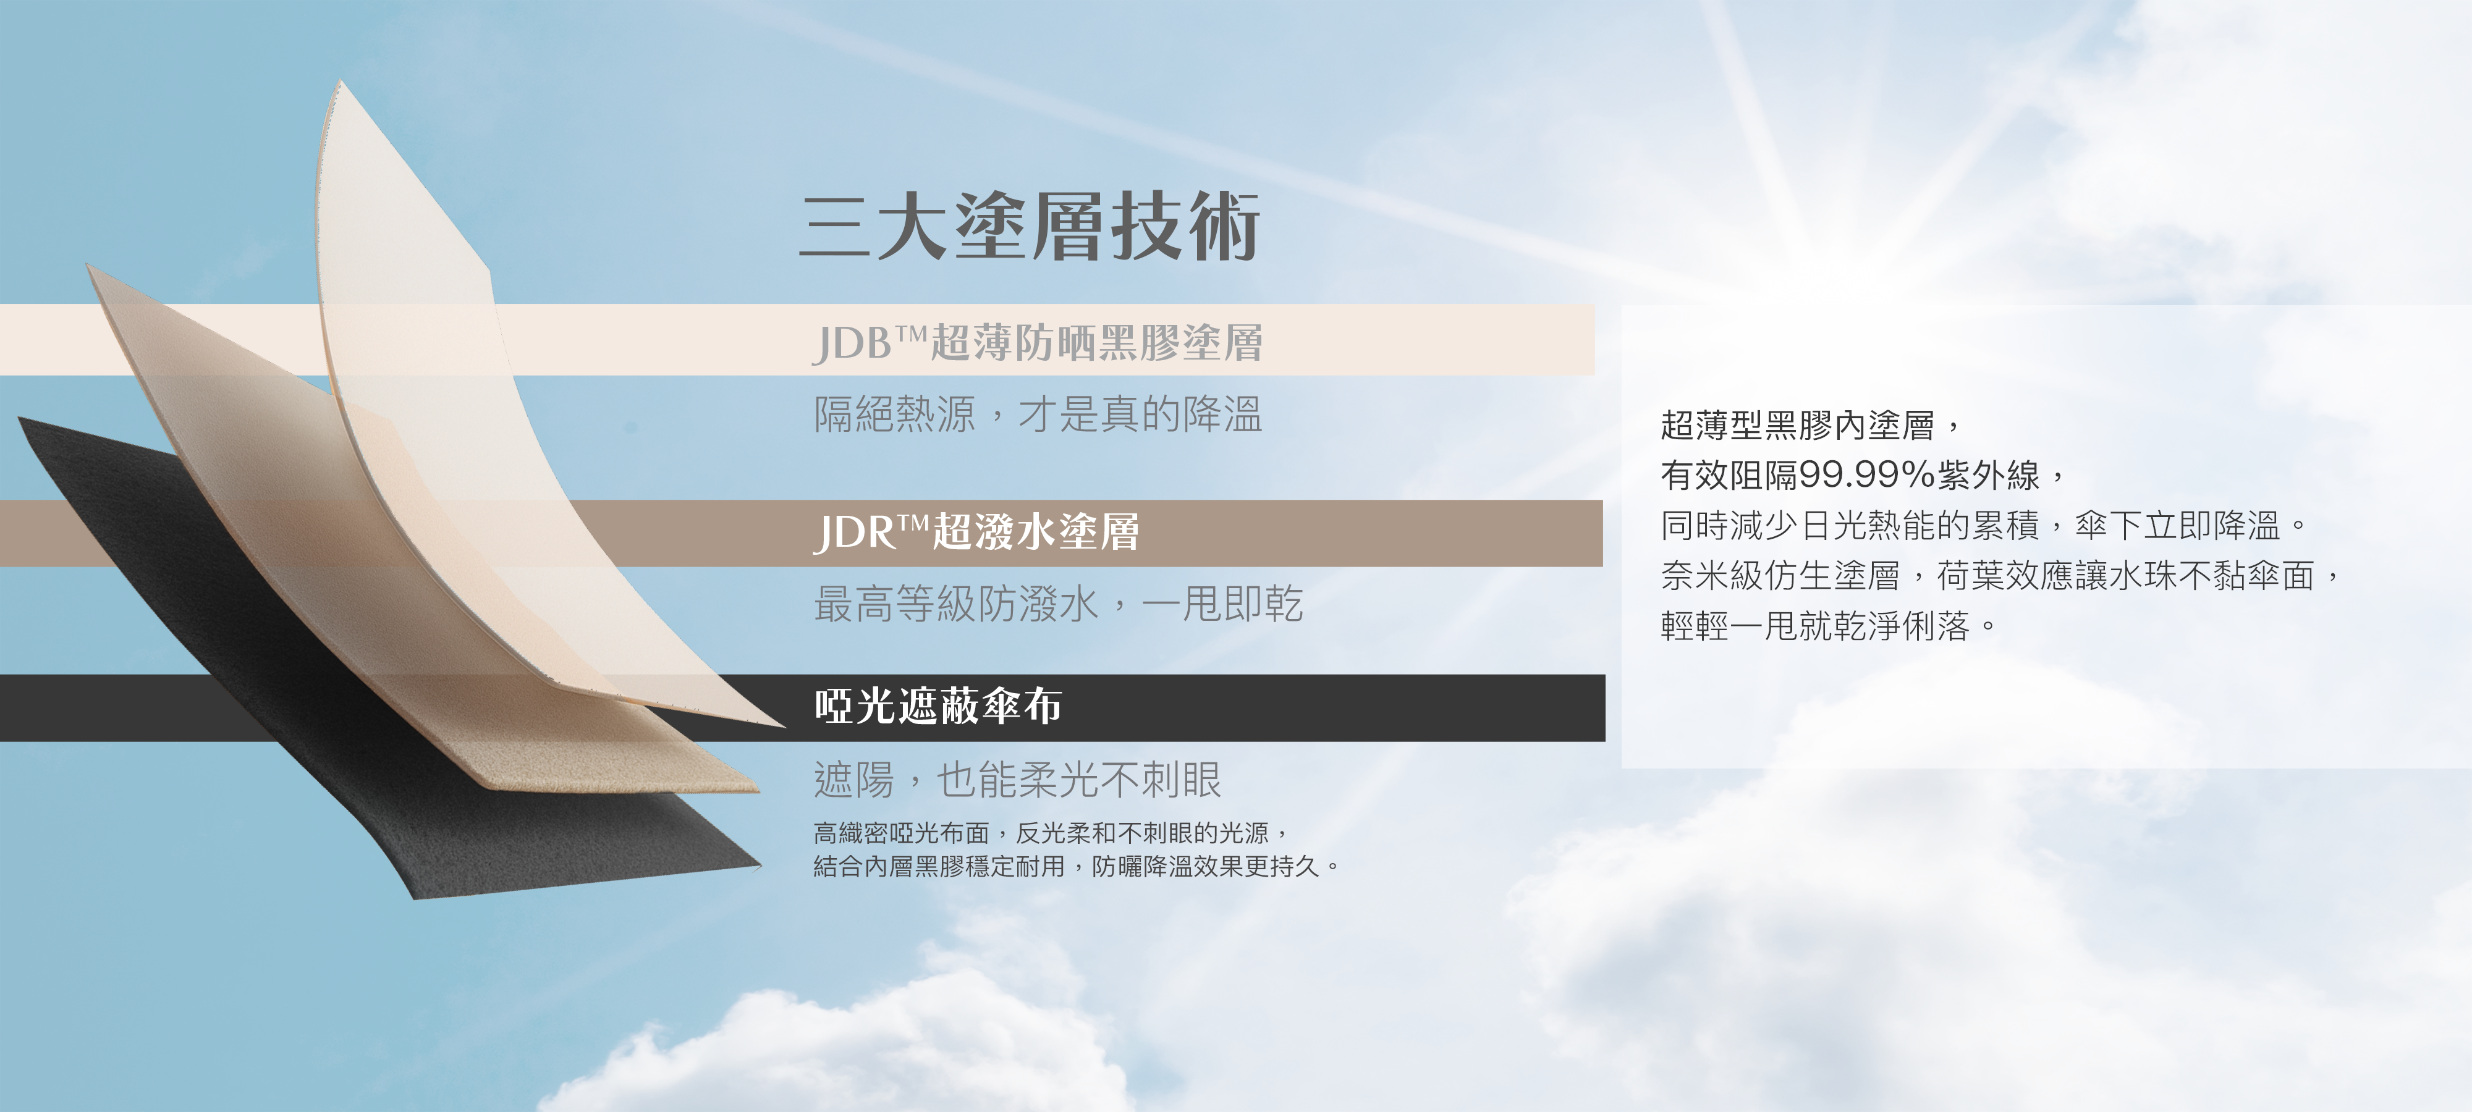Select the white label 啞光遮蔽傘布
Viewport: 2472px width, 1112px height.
pos(938,706)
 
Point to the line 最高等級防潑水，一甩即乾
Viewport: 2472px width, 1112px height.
pos(1059,604)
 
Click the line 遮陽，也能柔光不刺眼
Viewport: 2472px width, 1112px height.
pos(1017,779)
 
